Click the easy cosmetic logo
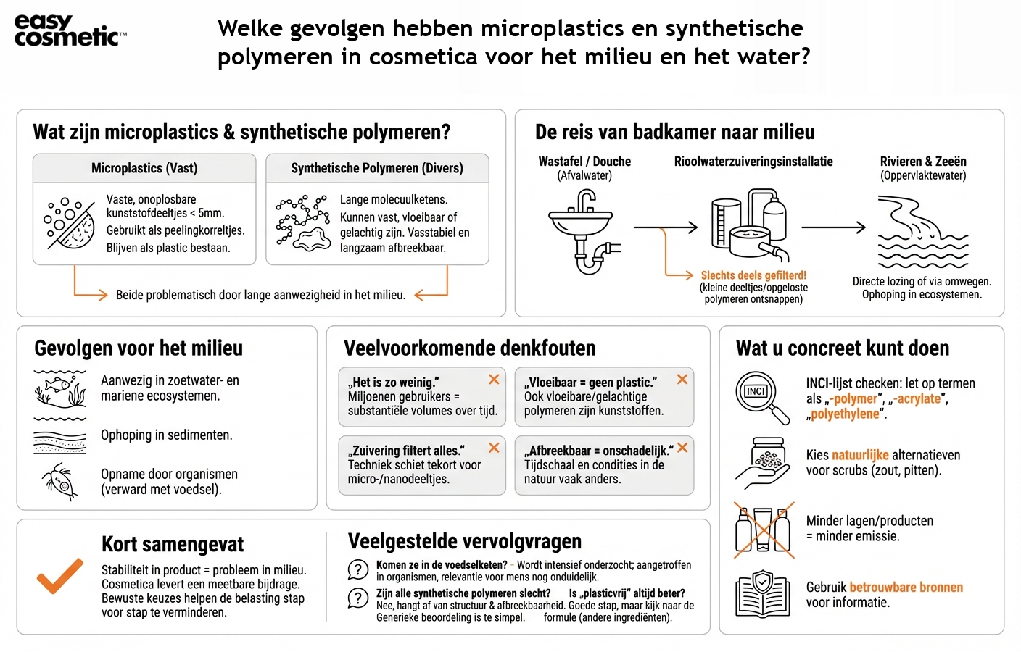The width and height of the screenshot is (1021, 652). [70, 30]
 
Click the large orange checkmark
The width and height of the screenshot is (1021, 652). [60, 576]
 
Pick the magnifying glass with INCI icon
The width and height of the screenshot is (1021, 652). [761, 397]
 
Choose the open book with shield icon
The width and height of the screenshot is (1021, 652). [762, 594]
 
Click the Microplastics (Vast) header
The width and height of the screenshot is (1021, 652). [144, 168]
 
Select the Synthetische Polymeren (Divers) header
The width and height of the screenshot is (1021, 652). [377, 168]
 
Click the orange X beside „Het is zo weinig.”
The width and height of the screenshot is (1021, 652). [494, 380]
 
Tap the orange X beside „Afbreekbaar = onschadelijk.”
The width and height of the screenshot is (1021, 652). [682, 448]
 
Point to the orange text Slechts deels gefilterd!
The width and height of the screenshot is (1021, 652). [753, 275]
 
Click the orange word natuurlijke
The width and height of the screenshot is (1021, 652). [860, 455]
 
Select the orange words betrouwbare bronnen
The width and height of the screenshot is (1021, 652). [906, 588]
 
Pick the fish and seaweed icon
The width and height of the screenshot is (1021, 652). [60, 390]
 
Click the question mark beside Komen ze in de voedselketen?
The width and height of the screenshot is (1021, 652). [358, 570]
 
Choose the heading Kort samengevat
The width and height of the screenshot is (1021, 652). [173, 545]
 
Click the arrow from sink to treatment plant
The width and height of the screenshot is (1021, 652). [665, 227]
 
